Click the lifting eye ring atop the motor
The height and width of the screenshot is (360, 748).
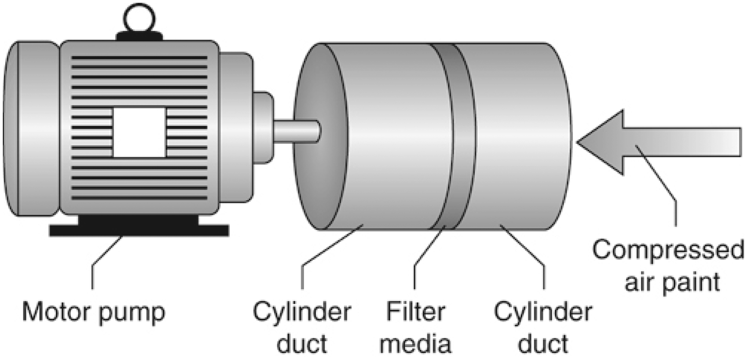139,18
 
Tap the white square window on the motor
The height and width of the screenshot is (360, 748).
140,132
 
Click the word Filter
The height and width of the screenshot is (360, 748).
415,312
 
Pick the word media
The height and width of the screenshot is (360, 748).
415,343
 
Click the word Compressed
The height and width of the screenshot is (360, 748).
668,250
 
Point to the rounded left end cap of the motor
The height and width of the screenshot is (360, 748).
31,129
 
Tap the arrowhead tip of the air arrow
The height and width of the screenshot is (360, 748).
578,143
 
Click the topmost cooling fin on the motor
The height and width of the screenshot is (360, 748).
139,58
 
